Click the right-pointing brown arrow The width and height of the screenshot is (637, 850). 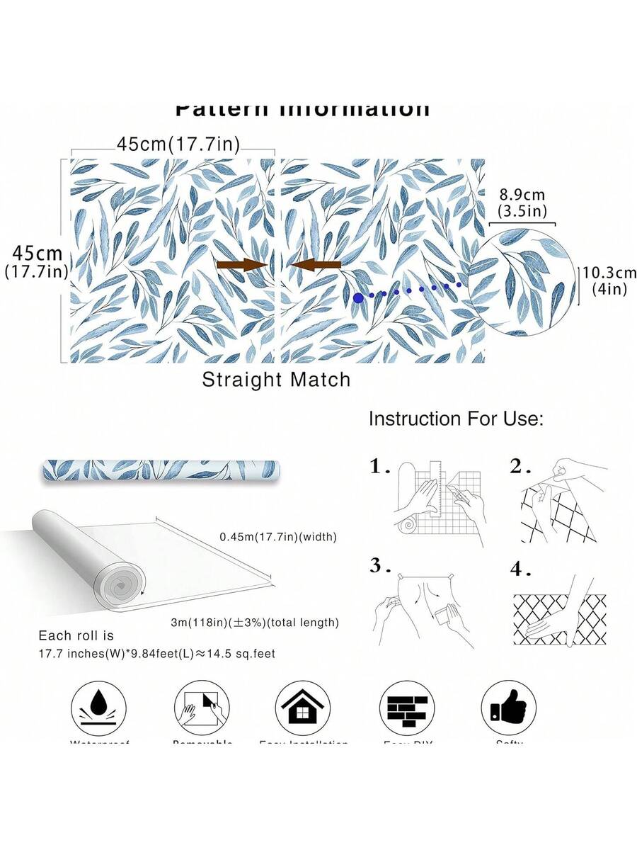tap(241, 265)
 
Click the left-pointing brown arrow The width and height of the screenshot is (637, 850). tap(316, 265)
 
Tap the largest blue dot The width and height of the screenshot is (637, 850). tap(359, 298)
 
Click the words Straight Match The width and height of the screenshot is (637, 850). tap(276, 380)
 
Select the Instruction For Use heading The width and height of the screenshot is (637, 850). tap(456, 419)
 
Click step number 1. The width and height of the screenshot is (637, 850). tap(380, 466)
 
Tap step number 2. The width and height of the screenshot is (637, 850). tap(521, 466)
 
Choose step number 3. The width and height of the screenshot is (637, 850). tap(380, 565)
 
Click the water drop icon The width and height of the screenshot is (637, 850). tap(98, 708)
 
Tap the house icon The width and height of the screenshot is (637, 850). tap(303, 708)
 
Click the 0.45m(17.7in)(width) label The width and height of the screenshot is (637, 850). tap(277, 537)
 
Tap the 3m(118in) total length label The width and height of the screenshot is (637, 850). tap(255, 623)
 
